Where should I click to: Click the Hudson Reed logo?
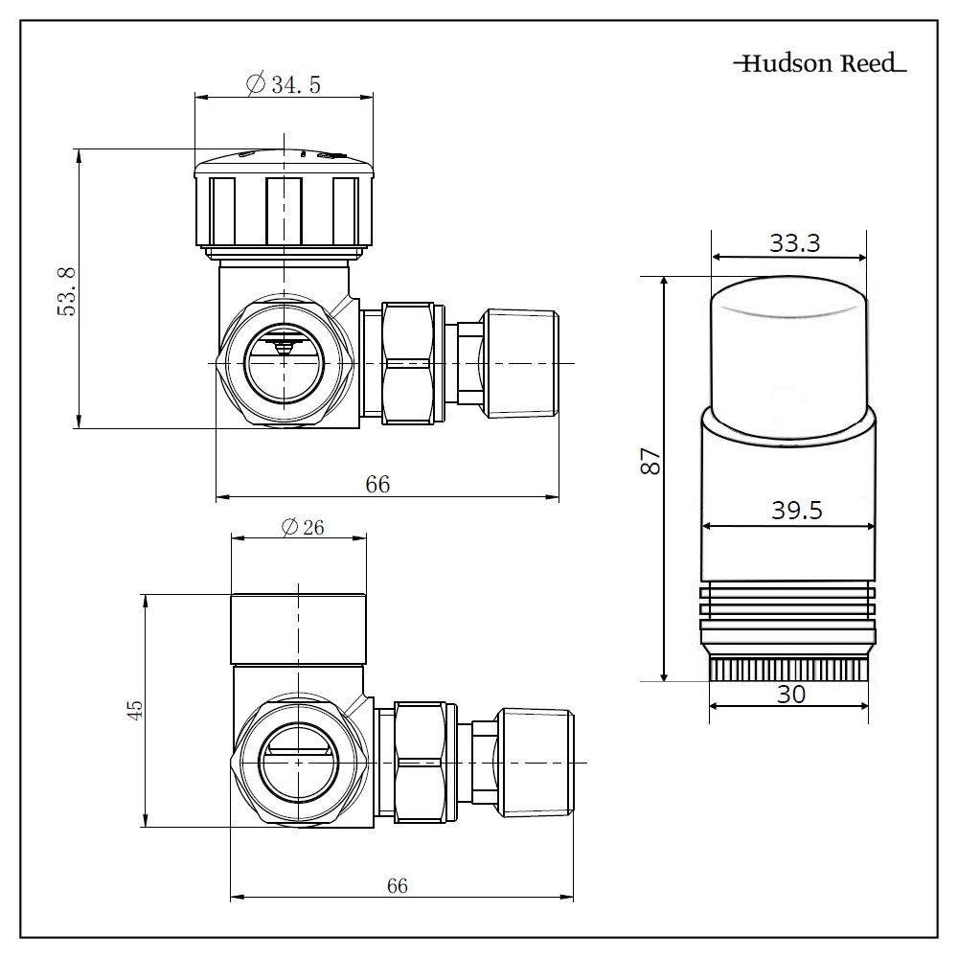pyautogui.click(x=819, y=65)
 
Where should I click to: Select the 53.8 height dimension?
pyautogui.click(x=65, y=289)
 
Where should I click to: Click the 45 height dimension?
pyautogui.click(x=135, y=710)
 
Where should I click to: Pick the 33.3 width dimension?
pyautogui.click(x=794, y=243)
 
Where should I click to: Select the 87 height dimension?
pyautogui.click(x=650, y=462)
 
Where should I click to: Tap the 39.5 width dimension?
pyautogui.click(x=796, y=511)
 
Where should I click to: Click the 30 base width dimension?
pyautogui.click(x=790, y=694)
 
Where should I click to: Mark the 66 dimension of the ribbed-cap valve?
pyautogui.click(x=377, y=484)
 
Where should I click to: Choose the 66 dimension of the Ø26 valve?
pyautogui.click(x=397, y=886)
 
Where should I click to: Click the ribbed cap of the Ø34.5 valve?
pyautogui.click(x=284, y=211)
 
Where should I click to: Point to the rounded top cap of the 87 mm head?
pyautogui.click(x=790, y=345)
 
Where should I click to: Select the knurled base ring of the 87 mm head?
pyautogui.click(x=789, y=669)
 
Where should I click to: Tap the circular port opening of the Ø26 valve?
pyautogui.click(x=299, y=762)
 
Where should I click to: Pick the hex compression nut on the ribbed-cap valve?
pyautogui.click(x=414, y=363)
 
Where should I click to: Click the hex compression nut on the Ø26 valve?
pyautogui.click(x=422, y=762)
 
